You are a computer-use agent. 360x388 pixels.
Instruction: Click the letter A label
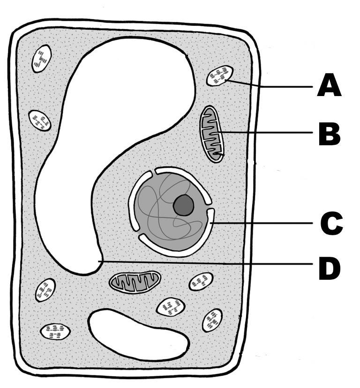pos(329,87)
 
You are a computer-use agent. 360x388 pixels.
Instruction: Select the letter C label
pos(331,224)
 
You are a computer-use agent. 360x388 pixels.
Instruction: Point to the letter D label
pos(330,269)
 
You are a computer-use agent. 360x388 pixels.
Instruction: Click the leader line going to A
pos(272,86)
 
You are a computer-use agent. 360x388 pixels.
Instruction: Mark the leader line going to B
pos(267,133)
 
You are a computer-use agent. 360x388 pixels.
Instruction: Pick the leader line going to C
pos(262,224)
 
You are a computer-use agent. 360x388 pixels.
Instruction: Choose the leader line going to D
pos(206,262)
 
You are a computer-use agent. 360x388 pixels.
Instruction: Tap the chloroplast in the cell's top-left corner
pos(41,59)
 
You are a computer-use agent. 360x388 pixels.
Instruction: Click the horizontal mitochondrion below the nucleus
pos(135,281)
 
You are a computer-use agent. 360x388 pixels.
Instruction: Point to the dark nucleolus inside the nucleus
pos(183,205)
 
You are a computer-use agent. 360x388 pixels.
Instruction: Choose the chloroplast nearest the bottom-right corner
pos(212,320)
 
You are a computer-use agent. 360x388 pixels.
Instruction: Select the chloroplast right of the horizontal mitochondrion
pos(201,282)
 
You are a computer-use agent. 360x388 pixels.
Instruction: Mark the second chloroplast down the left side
pos(40,120)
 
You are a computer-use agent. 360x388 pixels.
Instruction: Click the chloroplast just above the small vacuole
pos(171,307)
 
